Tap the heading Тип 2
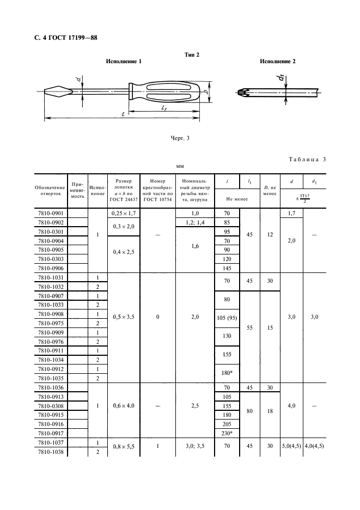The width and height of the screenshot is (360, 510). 192,54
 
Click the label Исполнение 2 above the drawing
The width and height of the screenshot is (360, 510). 277,62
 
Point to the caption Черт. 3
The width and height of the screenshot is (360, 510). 179,138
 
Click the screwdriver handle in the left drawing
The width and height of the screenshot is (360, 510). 164,93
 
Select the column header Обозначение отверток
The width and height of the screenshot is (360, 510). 50,191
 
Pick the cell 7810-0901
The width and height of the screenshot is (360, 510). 50,214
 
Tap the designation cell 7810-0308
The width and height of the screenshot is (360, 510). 50,406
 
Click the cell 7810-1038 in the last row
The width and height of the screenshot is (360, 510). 50,453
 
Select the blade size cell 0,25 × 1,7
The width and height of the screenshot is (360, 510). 123,214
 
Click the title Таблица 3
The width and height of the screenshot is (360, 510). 306,159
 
